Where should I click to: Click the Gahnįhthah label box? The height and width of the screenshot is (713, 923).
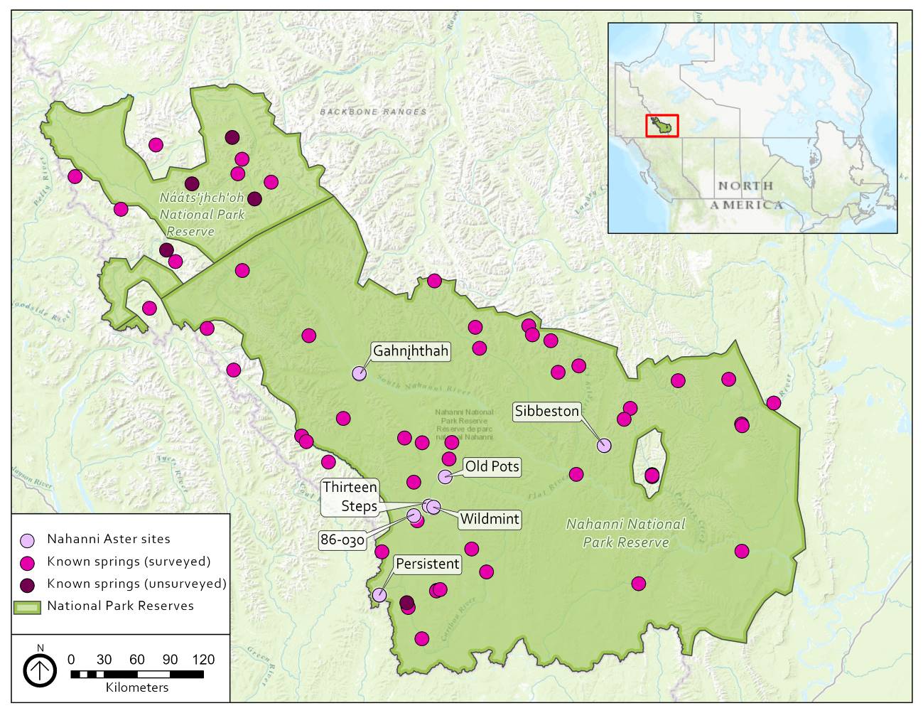click(x=411, y=351)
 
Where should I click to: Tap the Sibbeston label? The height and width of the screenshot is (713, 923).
click(x=547, y=411)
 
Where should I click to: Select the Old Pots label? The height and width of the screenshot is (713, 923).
click(x=492, y=467)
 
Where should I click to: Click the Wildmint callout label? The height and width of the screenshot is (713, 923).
click(x=490, y=519)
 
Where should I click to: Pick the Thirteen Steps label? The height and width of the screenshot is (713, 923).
click(x=350, y=496)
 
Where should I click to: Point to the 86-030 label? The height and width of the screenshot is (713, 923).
click(x=342, y=540)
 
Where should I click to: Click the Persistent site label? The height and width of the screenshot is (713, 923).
click(x=428, y=564)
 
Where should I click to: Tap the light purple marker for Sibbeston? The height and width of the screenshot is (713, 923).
click(x=604, y=446)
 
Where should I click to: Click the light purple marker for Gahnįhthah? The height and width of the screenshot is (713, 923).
click(x=359, y=373)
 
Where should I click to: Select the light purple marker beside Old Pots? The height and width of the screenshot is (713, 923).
click(x=445, y=477)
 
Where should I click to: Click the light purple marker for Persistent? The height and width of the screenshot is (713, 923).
click(x=379, y=595)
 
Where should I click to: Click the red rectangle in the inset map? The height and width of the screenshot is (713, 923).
click(x=662, y=126)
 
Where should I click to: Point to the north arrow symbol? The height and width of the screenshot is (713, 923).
click(x=40, y=670)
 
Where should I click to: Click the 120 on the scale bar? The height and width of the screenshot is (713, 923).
click(x=203, y=660)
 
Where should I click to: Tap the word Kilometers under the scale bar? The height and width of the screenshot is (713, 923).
click(x=137, y=687)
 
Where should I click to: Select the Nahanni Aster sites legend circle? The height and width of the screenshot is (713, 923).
click(x=28, y=540)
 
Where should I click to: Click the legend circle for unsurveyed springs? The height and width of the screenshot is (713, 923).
click(x=28, y=585)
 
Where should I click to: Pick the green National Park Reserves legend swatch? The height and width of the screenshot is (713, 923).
click(x=28, y=607)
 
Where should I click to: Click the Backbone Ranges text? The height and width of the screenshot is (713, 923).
click(x=373, y=112)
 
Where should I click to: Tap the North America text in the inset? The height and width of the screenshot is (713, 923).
click(x=746, y=195)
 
